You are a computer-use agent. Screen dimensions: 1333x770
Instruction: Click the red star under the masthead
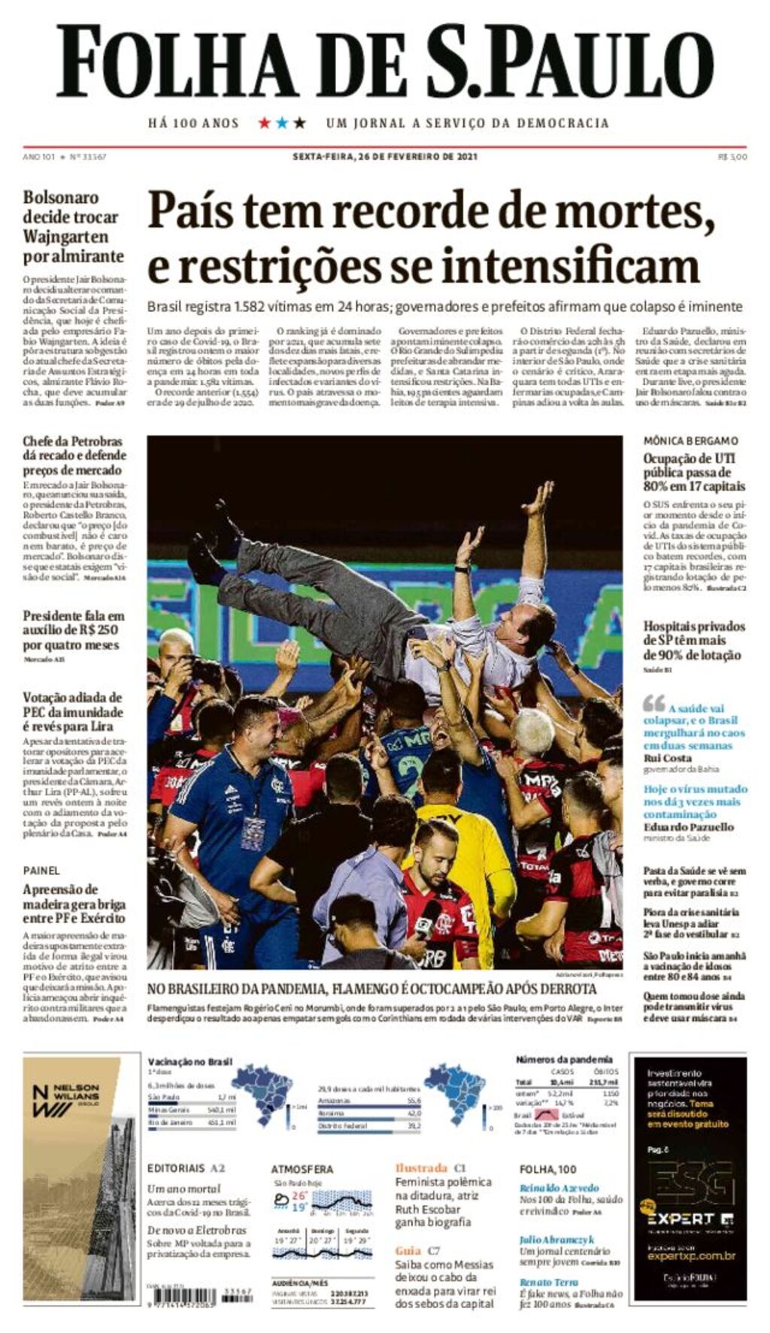(264, 123)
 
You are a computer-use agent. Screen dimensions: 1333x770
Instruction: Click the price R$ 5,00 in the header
(732, 157)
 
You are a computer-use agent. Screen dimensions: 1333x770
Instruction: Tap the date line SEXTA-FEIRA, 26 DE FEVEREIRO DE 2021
(384, 157)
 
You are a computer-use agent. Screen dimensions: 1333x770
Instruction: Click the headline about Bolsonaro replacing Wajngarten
(72, 226)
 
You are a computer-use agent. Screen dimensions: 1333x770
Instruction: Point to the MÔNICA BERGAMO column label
(690, 441)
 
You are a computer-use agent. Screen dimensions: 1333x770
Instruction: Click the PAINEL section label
(41, 870)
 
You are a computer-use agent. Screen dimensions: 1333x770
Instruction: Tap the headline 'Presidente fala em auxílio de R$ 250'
(73, 630)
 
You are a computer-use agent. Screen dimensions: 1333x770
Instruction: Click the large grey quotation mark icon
(653, 704)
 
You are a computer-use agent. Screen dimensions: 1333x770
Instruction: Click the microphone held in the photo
(426, 920)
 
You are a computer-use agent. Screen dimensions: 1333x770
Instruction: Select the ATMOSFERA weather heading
(302, 1169)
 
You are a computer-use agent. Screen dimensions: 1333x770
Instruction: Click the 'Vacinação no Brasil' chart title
(189, 1062)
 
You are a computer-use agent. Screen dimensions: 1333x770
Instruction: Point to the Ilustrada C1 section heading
(430, 1168)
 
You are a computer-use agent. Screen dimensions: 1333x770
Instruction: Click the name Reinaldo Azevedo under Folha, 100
(559, 1188)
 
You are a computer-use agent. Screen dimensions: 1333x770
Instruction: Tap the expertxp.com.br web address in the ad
(691, 1256)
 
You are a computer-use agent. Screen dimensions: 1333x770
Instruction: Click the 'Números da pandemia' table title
(564, 1059)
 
